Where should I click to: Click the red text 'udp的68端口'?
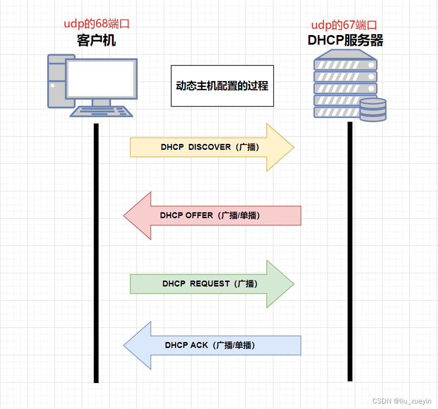tap(100, 24)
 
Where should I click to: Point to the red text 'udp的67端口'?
tap(344, 25)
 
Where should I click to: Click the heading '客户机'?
tap(96, 41)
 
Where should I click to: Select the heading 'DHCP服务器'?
tap(345, 41)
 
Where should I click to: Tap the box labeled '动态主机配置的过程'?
tap(222, 86)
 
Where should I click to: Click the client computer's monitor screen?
tap(101, 78)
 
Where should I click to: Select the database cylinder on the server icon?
tap(373, 110)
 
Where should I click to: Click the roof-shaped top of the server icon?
tap(346, 55)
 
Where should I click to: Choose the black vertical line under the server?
tap(350, 251)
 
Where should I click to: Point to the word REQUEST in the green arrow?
tap(210, 284)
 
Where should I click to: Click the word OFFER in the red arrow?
tap(199, 215)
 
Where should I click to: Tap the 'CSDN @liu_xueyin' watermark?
tap(402, 401)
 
